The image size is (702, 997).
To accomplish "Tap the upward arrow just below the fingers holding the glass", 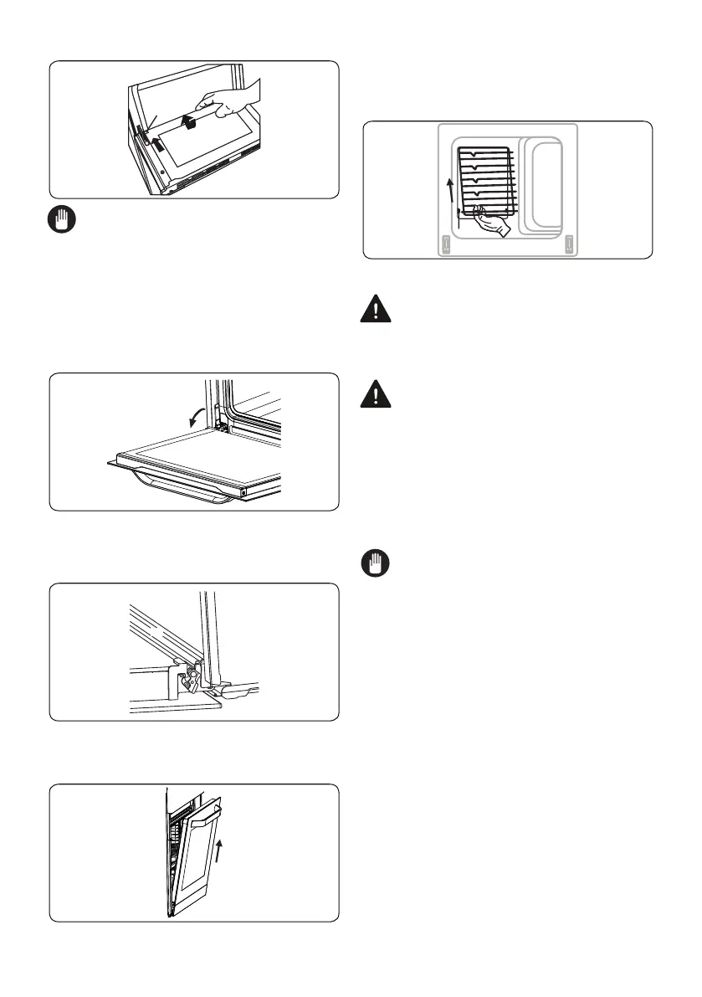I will [x=192, y=125].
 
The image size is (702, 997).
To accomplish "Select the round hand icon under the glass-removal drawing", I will [x=62, y=222].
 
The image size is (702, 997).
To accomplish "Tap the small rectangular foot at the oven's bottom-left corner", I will [x=445, y=244].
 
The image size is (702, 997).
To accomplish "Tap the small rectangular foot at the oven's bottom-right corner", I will [x=569, y=244].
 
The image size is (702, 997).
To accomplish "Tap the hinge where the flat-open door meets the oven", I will [x=223, y=427].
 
